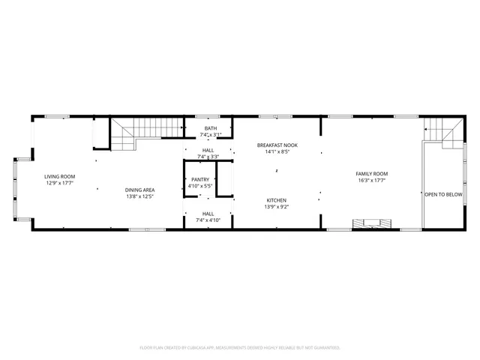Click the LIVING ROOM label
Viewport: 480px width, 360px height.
pos(60,176)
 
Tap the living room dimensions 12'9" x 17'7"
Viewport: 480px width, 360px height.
pos(60,182)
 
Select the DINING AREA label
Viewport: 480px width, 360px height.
pos(139,190)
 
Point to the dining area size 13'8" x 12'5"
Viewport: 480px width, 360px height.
pos(139,196)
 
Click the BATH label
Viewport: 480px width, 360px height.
pos(208,128)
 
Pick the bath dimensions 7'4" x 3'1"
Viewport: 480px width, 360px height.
pos(208,134)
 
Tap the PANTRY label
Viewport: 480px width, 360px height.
pos(200,179)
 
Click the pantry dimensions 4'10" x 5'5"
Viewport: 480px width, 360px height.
pos(200,185)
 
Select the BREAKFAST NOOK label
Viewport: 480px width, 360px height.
pos(277,145)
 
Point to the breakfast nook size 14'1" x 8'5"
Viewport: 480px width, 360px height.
pos(277,151)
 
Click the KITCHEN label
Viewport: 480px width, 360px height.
pos(277,200)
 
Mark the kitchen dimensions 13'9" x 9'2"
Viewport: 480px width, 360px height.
pos(277,206)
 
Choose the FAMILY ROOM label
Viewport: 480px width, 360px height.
pos(371,174)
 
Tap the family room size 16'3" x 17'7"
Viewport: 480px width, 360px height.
pos(371,180)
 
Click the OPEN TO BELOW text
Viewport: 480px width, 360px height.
pos(443,194)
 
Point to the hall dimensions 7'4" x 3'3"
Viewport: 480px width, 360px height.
pos(208,156)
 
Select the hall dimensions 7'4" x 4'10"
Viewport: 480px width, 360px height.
pos(208,220)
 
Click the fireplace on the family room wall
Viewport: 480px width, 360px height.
pos(373,223)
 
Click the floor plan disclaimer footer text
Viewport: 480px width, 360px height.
pos(240,347)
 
